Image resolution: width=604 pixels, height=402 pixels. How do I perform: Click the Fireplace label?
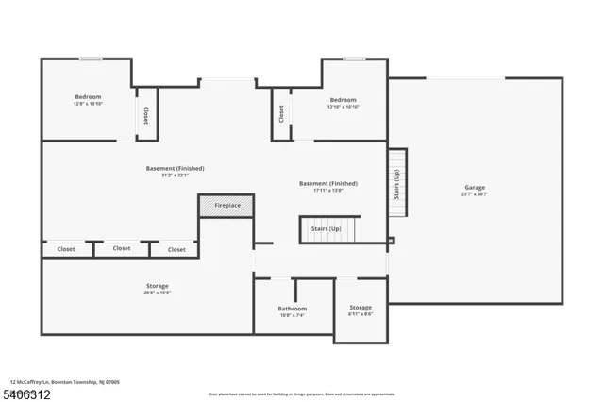coord(227,206)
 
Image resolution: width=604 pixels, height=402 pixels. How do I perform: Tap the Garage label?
coord(475,187)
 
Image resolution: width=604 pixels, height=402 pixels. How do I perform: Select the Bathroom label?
coord(293,309)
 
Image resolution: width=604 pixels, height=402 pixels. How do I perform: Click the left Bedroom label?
coord(88,96)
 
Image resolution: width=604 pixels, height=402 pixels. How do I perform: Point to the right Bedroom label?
coord(343,100)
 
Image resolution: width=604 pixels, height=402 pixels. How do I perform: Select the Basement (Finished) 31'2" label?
coord(175,168)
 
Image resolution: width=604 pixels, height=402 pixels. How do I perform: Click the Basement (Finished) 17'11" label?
coord(327,183)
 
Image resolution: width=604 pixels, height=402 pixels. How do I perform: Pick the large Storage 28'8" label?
coord(158,285)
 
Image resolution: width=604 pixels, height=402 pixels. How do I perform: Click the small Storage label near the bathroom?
coord(361,308)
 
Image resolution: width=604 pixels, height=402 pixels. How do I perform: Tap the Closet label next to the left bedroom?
coord(145,114)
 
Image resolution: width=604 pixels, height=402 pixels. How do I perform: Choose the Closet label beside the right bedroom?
coord(281,112)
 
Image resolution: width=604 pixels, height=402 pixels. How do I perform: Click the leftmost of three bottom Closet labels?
coord(66,249)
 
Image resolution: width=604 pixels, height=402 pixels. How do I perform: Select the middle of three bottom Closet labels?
coord(122,248)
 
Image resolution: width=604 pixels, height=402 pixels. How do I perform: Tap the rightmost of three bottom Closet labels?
coord(176,249)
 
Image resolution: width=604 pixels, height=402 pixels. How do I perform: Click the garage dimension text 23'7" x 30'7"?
coord(475,194)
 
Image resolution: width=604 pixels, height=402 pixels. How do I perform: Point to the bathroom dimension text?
coord(293,315)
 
